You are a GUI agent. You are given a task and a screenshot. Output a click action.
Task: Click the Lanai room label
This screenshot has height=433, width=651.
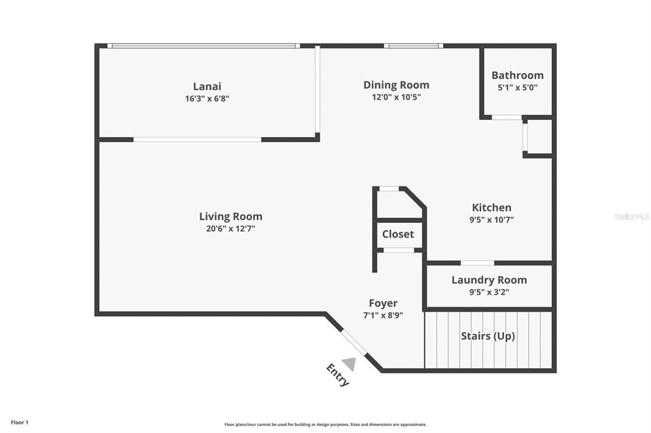click(207, 86)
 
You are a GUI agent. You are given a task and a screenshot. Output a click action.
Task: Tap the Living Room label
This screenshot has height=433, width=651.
click(230, 216)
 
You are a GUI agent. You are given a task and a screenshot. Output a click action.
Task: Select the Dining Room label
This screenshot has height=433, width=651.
click(396, 85)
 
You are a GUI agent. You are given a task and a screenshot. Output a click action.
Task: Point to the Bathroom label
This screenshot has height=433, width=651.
click(517, 76)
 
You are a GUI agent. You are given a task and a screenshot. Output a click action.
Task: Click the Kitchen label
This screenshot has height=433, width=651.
click(491, 208)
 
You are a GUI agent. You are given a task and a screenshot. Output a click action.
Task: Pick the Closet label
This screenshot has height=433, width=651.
click(398, 234)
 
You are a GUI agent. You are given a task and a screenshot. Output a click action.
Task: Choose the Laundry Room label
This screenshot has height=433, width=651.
click(489, 281)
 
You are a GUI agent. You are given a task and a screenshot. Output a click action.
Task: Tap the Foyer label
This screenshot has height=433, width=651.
click(383, 303)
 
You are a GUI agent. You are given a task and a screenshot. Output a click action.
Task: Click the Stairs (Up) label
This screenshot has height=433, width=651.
click(488, 336)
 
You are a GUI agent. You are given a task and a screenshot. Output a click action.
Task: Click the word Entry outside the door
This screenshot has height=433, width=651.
click(338, 375)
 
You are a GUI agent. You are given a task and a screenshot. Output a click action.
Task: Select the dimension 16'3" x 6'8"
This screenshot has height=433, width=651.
click(207, 98)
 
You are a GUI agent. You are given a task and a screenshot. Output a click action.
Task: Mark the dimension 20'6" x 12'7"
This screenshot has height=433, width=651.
click(230, 229)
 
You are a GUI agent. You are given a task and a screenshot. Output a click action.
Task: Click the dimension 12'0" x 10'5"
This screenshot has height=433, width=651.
click(396, 97)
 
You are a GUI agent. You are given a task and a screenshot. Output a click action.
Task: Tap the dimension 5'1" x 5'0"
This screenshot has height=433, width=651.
click(517, 88)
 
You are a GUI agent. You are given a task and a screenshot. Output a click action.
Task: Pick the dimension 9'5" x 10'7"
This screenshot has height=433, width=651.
click(491, 220)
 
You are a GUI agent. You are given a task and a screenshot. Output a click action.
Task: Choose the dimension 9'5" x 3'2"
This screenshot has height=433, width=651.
click(489, 292)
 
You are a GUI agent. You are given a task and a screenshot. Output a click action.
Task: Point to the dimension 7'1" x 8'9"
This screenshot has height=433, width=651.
click(383, 315)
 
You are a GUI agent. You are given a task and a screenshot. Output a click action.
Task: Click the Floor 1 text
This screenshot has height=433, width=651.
click(20, 423)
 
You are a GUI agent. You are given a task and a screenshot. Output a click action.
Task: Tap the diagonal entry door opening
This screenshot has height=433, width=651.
click(354, 343)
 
